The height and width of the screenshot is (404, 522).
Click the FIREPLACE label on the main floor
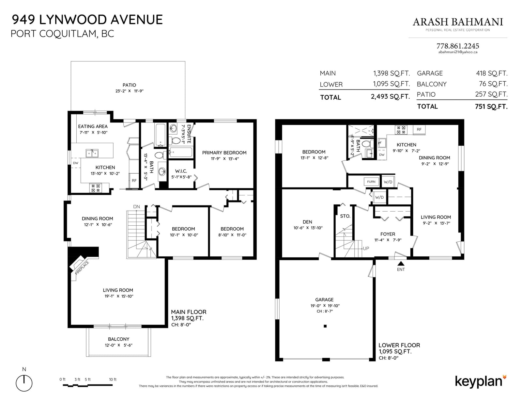(x=82, y=268)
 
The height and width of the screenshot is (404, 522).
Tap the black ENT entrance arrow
(x=401, y=264)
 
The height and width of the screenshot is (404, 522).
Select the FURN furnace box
(x=371, y=182)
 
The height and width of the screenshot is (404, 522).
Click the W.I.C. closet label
(x=181, y=171)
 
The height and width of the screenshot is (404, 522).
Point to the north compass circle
(x=24, y=383)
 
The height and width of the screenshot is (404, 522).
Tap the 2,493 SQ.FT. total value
(x=390, y=97)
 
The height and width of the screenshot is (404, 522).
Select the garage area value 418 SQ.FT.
(x=492, y=73)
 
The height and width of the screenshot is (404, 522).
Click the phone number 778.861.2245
(x=458, y=46)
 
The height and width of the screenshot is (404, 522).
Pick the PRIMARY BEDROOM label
(x=224, y=153)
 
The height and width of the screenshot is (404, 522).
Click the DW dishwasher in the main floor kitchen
(x=75, y=163)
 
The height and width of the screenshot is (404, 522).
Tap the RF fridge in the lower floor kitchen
(x=419, y=129)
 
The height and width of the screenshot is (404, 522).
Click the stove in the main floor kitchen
(x=96, y=188)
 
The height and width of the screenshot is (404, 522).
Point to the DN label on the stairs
(x=136, y=207)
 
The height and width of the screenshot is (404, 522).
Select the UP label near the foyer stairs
(x=366, y=249)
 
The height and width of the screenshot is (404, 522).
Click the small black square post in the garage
(x=325, y=326)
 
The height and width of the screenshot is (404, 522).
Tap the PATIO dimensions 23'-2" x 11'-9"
(x=129, y=91)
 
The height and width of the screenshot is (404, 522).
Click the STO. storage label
(x=345, y=216)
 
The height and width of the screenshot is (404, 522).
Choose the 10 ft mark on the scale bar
(x=113, y=380)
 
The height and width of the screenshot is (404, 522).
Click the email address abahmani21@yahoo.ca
(x=458, y=52)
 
